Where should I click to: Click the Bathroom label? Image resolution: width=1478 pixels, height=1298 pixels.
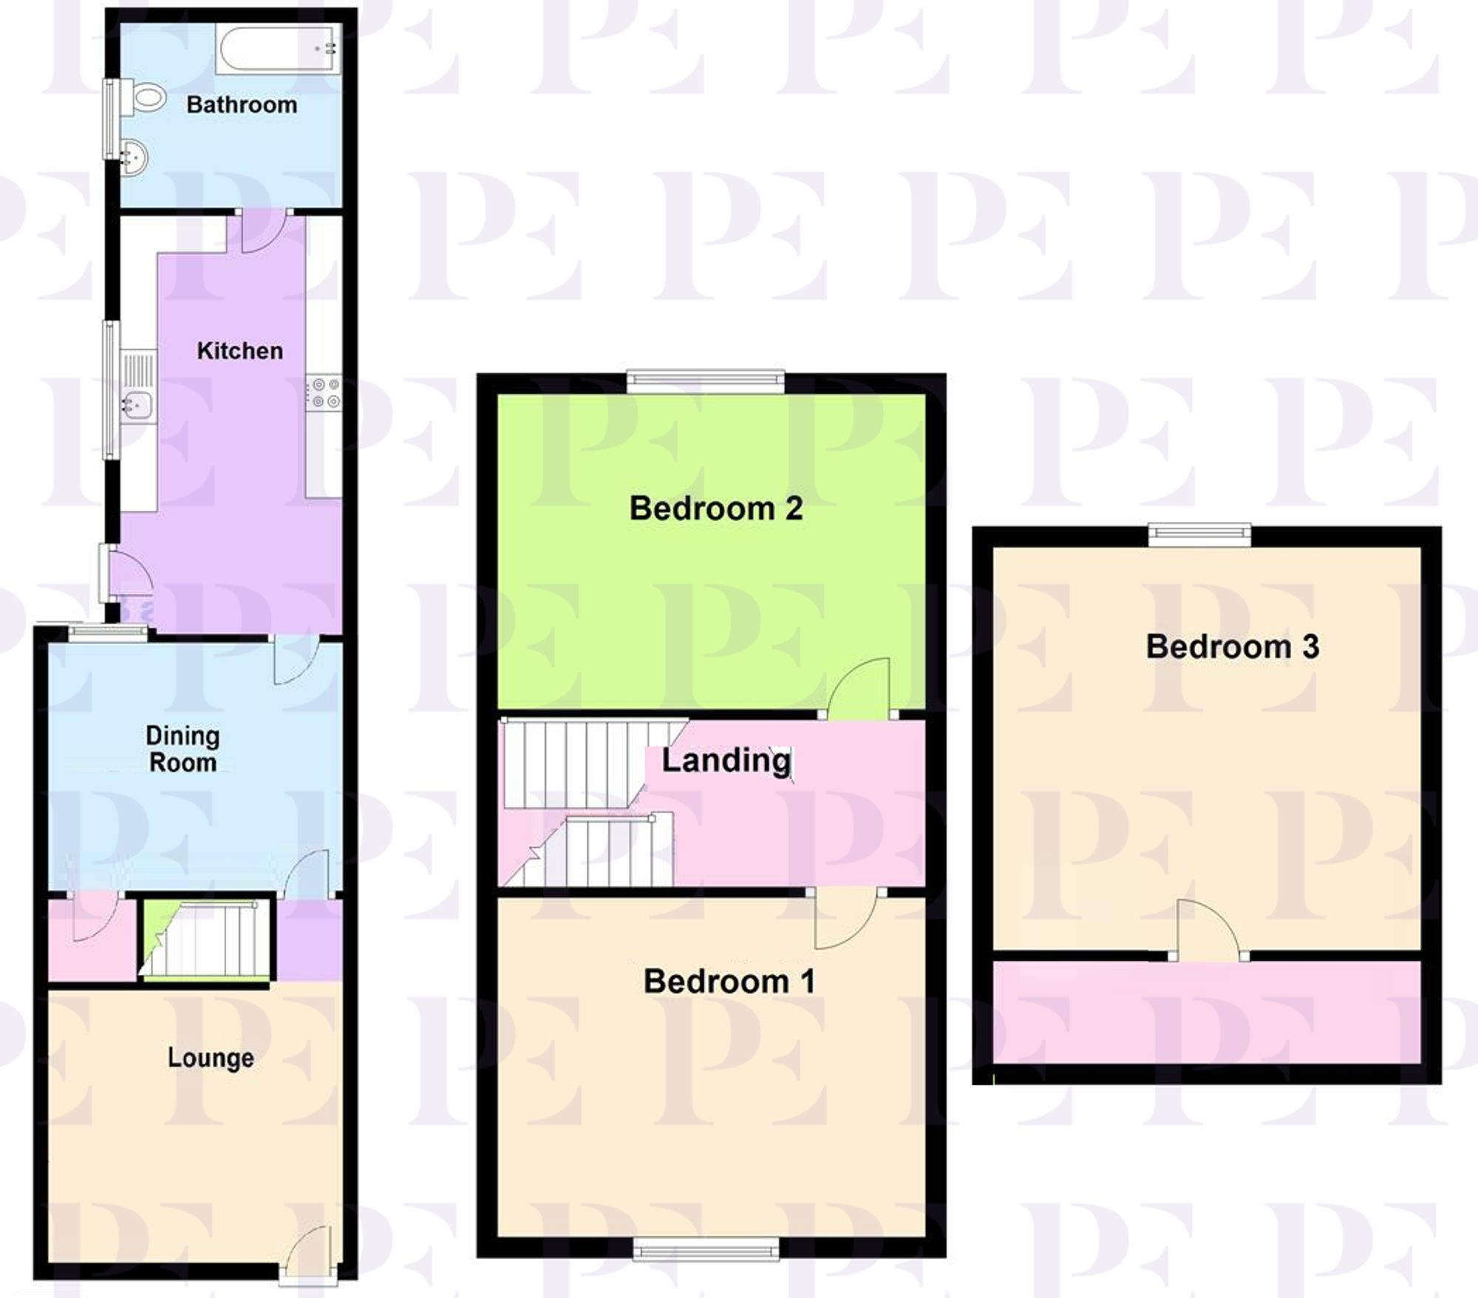pyautogui.click(x=242, y=105)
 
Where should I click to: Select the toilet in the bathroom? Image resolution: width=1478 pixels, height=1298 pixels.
pyautogui.click(x=146, y=97)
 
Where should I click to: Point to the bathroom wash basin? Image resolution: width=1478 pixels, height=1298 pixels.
pyautogui.click(x=134, y=157)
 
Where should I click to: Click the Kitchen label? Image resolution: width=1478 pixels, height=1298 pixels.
pyautogui.click(x=239, y=350)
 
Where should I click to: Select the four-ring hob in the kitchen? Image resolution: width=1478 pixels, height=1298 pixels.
pyautogui.click(x=324, y=393)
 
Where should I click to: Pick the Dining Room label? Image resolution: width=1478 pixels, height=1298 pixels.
pyautogui.click(x=183, y=749)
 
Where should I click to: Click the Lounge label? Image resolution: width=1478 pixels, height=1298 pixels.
pyautogui.click(x=211, y=1058)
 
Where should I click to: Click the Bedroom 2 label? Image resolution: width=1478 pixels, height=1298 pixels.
pyautogui.click(x=715, y=509)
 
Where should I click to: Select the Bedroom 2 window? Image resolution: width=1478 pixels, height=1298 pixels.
pyautogui.click(x=706, y=379)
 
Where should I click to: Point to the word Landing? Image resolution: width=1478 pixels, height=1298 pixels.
pyautogui.click(x=726, y=761)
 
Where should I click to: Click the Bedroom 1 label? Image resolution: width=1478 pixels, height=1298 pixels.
pyautogui.click(x=729, y=982)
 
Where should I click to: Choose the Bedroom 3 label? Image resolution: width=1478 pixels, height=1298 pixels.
pyautogui.click(x=1232, y=647)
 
